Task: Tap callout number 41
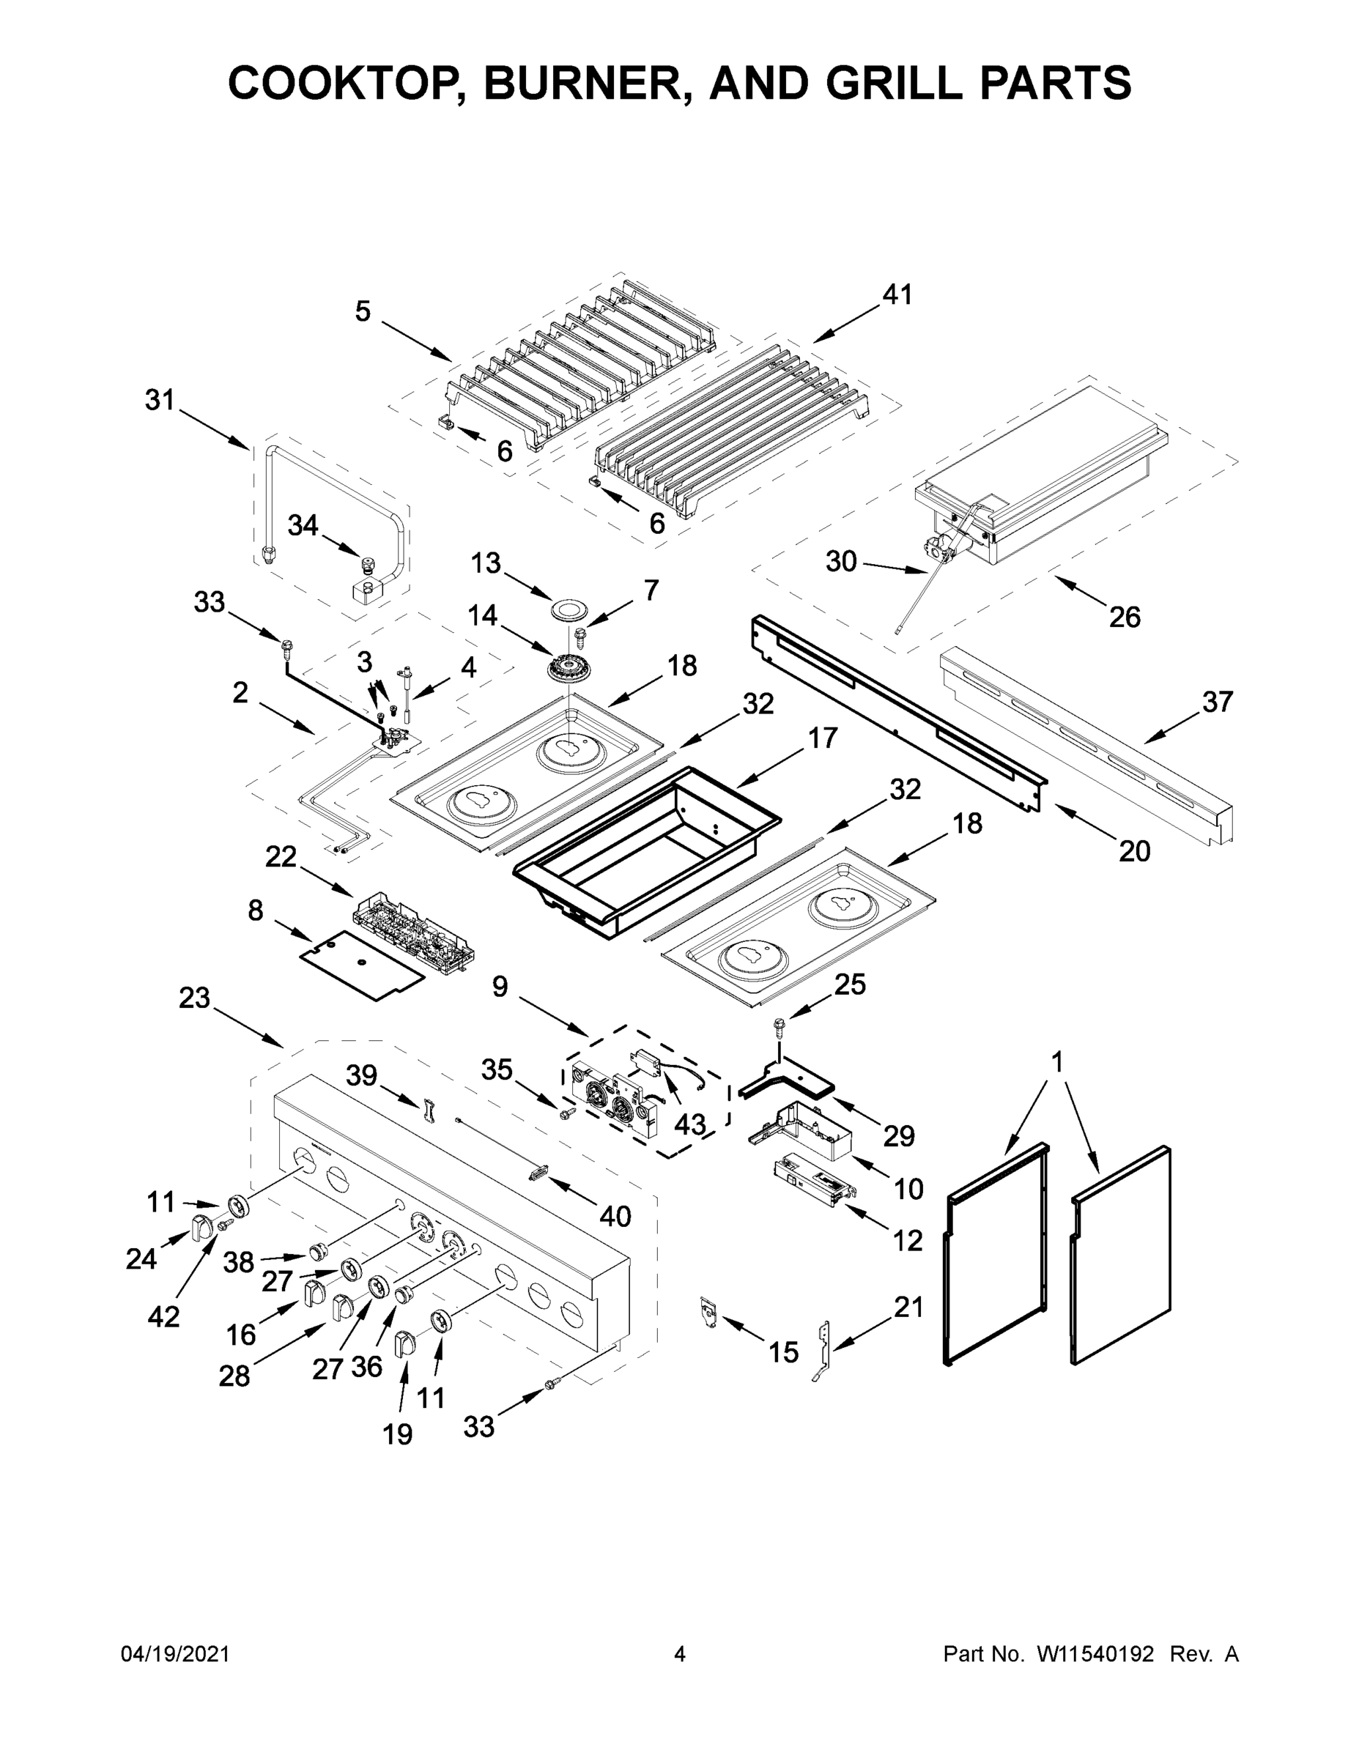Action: tap(897, 294)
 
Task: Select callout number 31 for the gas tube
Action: tap(160, 399)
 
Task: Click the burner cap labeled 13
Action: tap(570, 609)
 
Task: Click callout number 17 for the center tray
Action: tap(822, 738)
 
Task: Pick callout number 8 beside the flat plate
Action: tap(255, 910)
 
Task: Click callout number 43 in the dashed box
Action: tap(690, 1124)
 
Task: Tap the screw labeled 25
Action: tap(780, 1026)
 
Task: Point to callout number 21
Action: tap(908, 1308)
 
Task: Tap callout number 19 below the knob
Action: tap(398, 1434)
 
